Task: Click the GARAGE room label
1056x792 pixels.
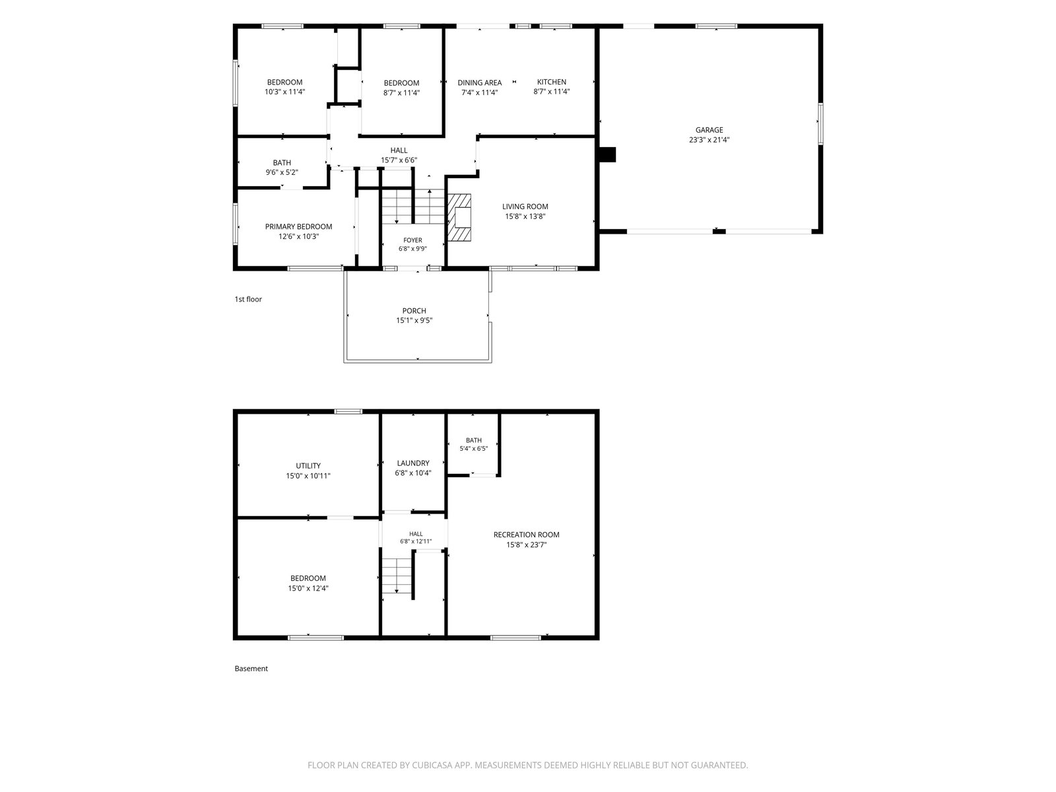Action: [x=709, y=130]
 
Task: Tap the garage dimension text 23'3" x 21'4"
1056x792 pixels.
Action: [x=709, y=140]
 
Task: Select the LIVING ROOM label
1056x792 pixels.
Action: [x=525, y=207]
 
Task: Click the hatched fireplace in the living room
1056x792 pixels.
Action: [x=459, y=217]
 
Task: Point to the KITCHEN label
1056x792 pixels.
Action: [x=551, y=82]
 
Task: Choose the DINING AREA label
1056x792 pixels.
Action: [x=479, y=82]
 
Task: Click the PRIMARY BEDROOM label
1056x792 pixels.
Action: [x=298, y=226]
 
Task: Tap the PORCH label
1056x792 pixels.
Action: [x=414, y=311]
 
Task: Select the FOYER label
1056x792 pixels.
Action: [x=412, y=240]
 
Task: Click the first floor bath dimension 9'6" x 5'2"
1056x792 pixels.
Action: [x=282, y=172]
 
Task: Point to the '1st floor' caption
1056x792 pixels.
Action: [x=247, y=299]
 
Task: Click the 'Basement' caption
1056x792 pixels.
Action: [x=251, y=669]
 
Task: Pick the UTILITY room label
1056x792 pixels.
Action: [x=308, y=465]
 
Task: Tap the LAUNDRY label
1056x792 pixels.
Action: [x=412, y=463]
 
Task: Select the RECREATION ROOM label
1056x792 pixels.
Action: [x=526, y=534]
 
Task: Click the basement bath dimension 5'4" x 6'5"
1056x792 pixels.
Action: [x=473, y=449]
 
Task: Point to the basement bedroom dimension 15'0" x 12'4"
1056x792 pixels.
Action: [x=308, y=588]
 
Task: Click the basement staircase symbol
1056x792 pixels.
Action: [x=397, y=575]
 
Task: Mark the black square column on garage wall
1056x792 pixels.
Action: [x=607, y=154]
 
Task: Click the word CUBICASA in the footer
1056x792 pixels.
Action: [x=432, y=765]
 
